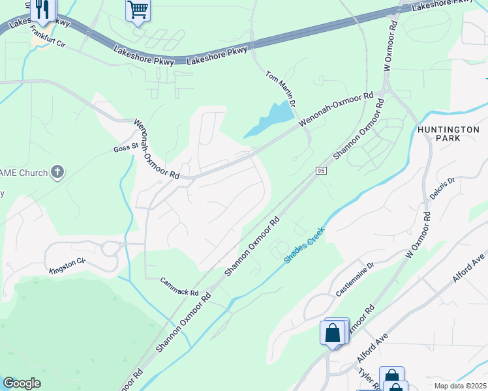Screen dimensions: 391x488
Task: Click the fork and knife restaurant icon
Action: [41, 9]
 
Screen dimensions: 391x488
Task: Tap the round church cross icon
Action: [57, 173]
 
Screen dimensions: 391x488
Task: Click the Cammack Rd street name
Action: [179, 287]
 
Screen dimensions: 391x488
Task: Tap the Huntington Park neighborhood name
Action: [448, 134]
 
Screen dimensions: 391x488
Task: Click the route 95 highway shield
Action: [320, 170]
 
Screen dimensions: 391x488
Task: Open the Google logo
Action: [22, 383]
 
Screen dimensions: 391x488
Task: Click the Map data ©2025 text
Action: [460, 386]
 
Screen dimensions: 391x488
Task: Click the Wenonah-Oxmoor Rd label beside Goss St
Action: [157, 149]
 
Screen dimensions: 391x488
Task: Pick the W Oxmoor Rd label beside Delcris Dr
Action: [419, 231]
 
